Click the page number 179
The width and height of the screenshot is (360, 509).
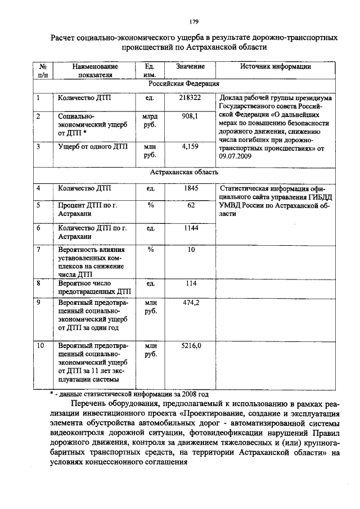pos(193,22)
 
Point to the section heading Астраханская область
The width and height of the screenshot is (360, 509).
pos(184,173)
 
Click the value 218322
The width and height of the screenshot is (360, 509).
pos(190,97)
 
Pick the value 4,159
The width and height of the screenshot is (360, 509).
pos(190,146)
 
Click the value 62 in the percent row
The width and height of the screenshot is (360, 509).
pos(191,205)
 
